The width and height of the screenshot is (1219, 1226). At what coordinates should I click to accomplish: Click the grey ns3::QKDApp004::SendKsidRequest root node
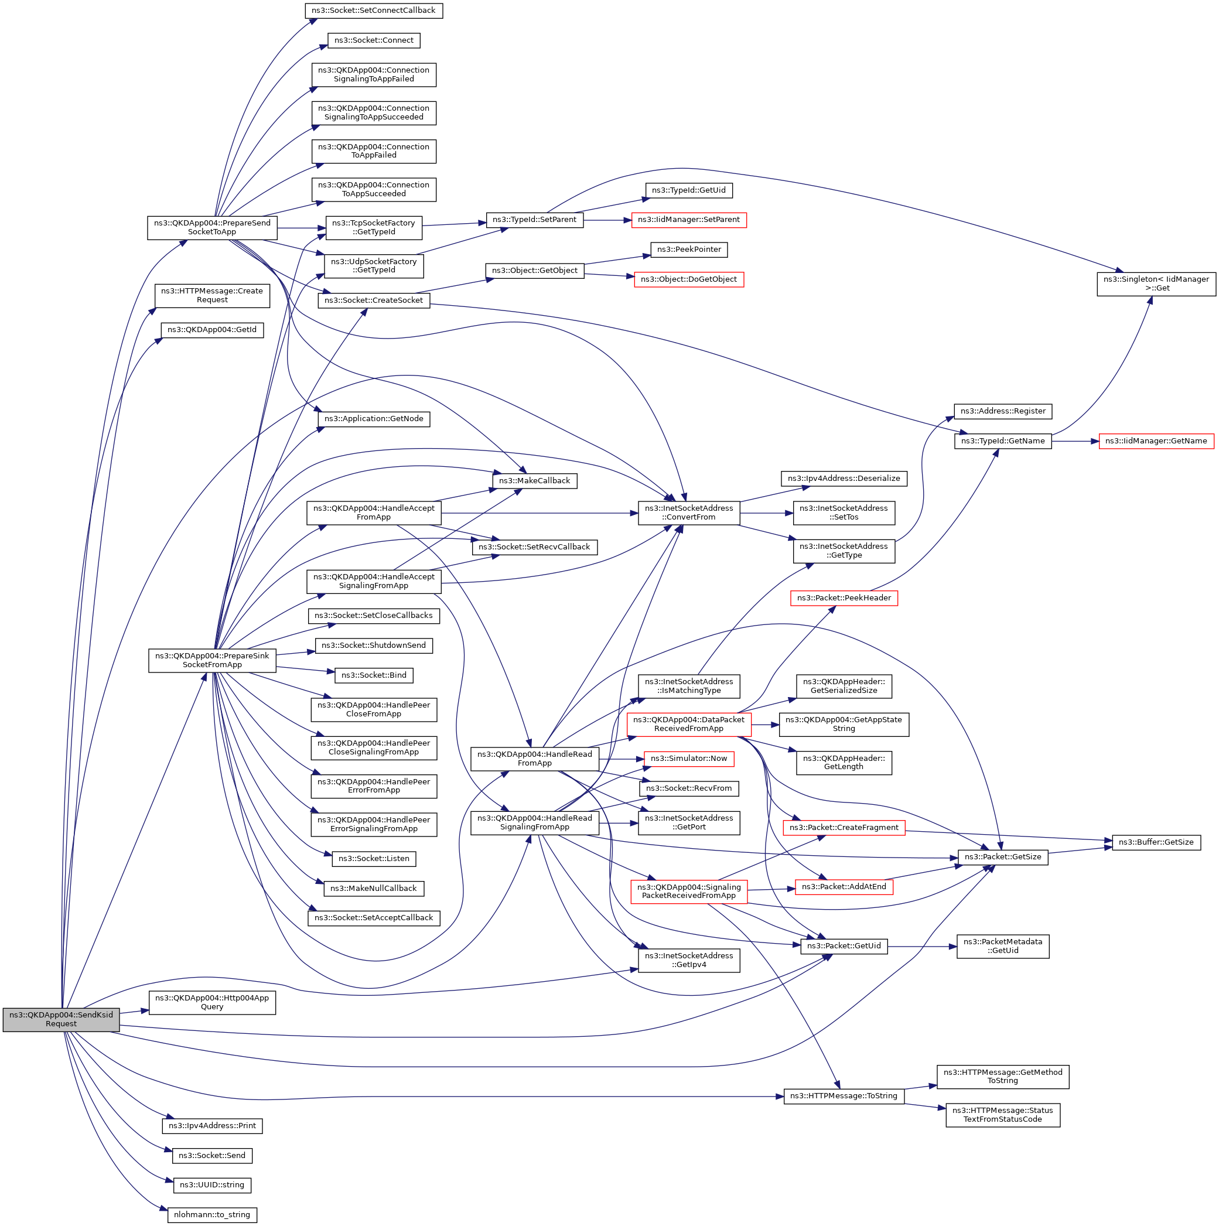coord(61,1019)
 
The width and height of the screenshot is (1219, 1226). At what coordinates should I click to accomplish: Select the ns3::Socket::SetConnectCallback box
coord(373,11)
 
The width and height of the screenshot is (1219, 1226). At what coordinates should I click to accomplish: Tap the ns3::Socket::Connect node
coord(374,40)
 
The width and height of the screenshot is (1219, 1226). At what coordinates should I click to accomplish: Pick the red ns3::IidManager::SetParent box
coord(688,220)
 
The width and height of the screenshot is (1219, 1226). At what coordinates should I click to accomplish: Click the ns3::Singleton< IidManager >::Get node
coord(1156,284)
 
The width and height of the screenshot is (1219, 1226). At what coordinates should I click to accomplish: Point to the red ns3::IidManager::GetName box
coord(1156,441)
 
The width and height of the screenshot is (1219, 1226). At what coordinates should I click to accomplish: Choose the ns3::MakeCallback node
coord(534,481)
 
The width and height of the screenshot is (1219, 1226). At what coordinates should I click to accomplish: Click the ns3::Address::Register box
coord(1003,411)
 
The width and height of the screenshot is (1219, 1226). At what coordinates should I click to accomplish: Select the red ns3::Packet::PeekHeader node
coord(844,597)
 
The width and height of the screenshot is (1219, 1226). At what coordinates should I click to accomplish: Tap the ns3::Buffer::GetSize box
coord(1156,842)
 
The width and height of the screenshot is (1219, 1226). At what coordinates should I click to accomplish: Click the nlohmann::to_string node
coord(212,1215)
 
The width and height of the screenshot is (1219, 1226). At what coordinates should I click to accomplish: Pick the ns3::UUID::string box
coord(212,1185)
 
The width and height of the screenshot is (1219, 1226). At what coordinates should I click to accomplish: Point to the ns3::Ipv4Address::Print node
coord(212,1126)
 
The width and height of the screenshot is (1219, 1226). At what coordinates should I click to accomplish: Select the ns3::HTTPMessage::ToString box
coord(844,1096)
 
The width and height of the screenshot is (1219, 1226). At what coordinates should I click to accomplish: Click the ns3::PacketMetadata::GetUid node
coord(1003,946)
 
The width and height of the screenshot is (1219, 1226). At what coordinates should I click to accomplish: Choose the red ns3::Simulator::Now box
coord(688,759)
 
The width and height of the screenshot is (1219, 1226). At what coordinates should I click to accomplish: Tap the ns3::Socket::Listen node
coord(374,859)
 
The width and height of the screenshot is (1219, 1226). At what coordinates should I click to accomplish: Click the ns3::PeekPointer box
coord(688,250)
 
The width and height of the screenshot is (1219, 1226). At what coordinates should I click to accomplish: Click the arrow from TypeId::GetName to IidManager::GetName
coord(1075,441)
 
